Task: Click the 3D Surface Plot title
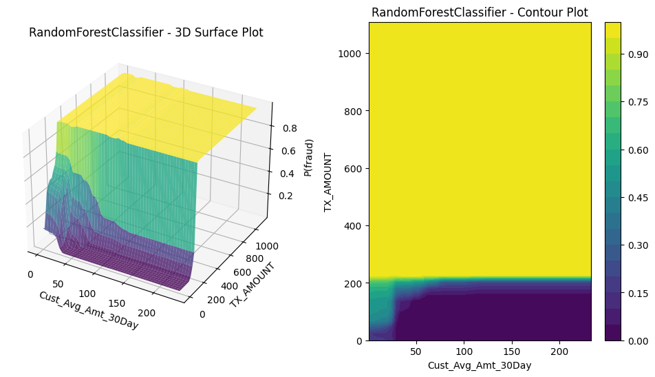click(146, 32)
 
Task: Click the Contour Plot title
click(480, 12)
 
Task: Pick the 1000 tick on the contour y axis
click(352, 54)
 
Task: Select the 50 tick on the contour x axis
click(416, 351)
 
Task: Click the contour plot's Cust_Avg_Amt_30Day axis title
click(480, 365)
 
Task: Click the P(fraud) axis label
click(310, 158)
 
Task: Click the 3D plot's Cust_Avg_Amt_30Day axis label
click(88, 310)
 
